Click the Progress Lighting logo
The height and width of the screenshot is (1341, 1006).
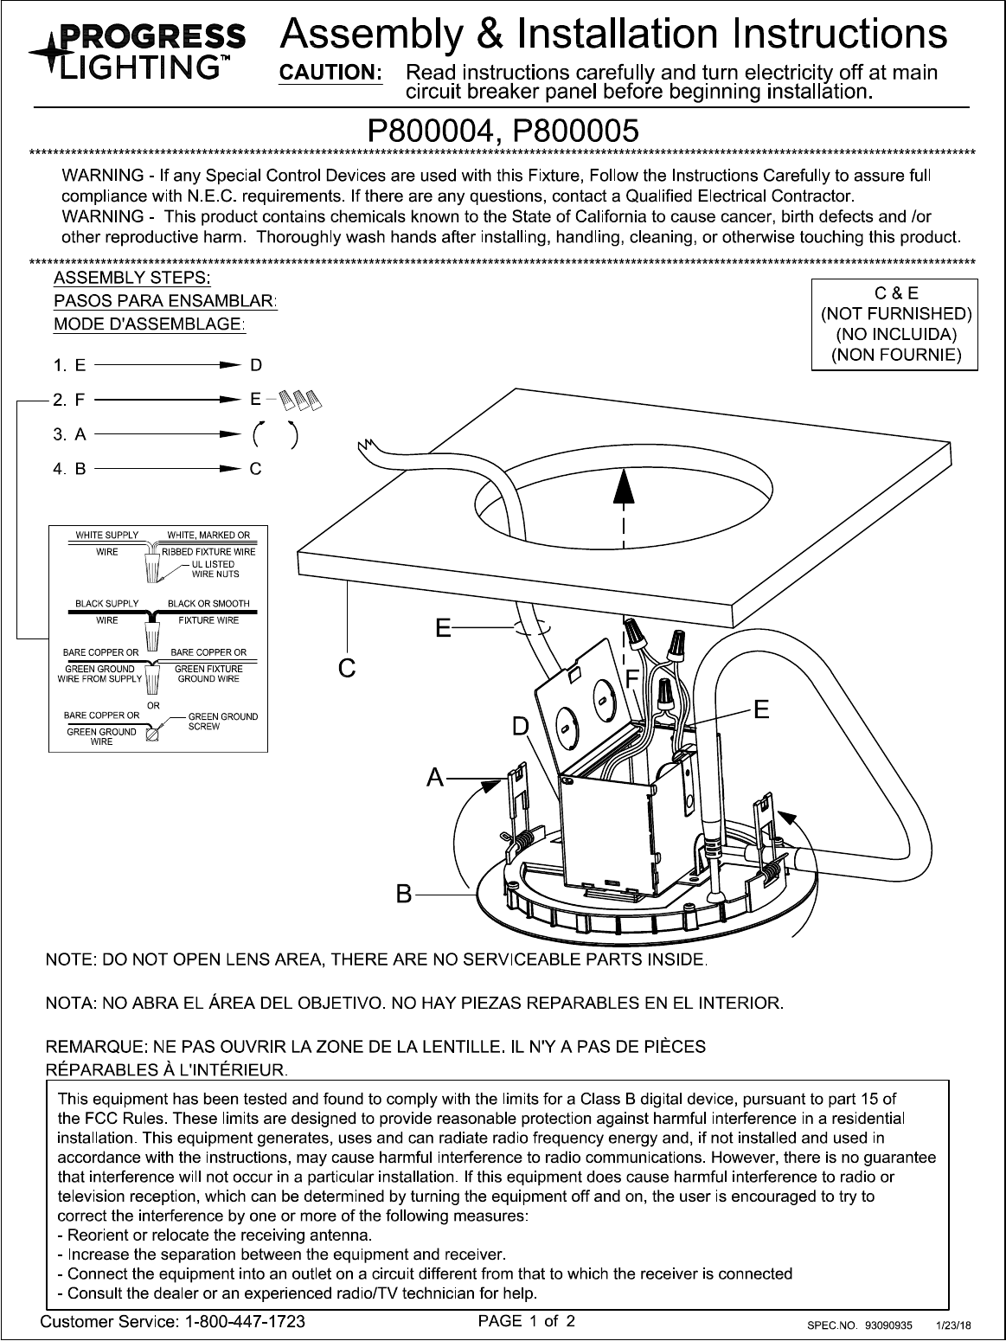click(137, 50)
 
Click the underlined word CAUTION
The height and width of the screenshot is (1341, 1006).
click(329, 74)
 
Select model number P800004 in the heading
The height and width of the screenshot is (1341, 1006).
click(434, 131)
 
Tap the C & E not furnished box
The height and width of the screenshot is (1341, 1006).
click(894, 324)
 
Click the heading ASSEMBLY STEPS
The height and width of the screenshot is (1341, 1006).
click(132, 278)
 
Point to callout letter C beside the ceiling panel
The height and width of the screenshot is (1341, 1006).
click(347, 668)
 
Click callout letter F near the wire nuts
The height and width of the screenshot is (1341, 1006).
click(632, 678)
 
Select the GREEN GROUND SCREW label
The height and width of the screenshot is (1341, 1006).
click(223, 722)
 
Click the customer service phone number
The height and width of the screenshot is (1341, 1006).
click(241, 1322)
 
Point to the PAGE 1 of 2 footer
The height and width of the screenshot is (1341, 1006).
click(527, 1321)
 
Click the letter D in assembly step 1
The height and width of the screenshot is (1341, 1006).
click(256, 366)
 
